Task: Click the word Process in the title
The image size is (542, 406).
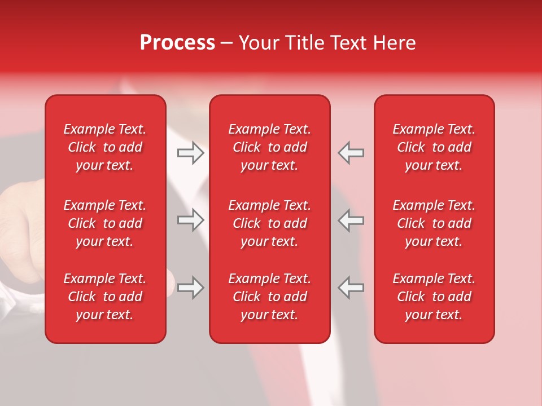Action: click(x=177, y=43)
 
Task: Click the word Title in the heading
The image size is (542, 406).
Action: click(x=305, y=43)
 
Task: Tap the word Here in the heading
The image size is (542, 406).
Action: click(x=392, y=43)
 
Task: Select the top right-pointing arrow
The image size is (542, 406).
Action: click(x=190, y=153)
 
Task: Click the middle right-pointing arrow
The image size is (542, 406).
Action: click(x=190, y=220)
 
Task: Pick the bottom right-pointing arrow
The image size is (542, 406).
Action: click(x=190, y=288)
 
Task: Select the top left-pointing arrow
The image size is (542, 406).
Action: click(x=351, y=153)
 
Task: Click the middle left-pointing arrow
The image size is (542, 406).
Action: click(x=351, y=220)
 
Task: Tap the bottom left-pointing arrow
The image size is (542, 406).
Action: click(x=351, y=288)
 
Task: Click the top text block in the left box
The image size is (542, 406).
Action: click(x=105, y=147)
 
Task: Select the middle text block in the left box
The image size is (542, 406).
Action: click(x=105, y=223)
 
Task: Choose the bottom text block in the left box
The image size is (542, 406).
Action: click(x=105, y=297)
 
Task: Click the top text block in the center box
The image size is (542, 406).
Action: click(x=270, y=147)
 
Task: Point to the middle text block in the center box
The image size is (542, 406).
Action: click(x=270, y=223)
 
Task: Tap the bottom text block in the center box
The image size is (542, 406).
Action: click(x=270, y=297)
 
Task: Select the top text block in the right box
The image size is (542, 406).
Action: click(x=434, y=147)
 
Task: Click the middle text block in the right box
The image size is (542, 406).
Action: click(x=434, y=223)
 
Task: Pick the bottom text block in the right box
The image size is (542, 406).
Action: click(x=434, y=297)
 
